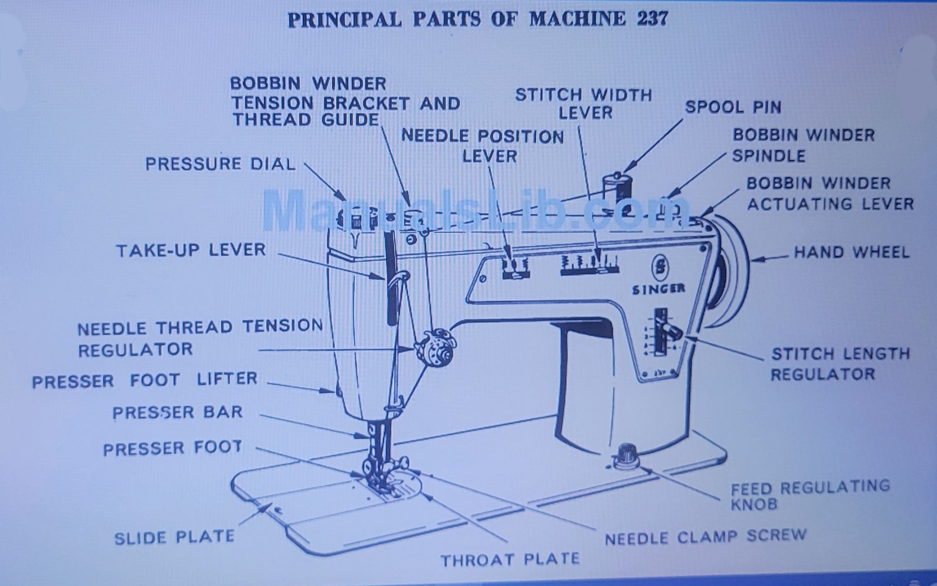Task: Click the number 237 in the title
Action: pyautogui.click(x=652, y=19)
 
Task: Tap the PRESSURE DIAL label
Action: pyautogui.click(x=220, y=164)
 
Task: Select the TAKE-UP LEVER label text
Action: pyautogui.click(x=191, y=251)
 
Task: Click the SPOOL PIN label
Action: pyautogui.click(x=733, y=107)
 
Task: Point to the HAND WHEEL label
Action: pyautogui.click(x=851, y=252)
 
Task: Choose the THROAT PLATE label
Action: pyautogui.click(x=510, y=559)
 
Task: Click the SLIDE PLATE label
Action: pyautogui.click(x=174, y=537)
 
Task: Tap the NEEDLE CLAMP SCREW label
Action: pyautogui.click(x=705, y=537)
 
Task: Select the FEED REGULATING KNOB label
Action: pyautogui.click(x=810, y=495)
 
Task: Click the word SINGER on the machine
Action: pyautogui.click(x=658, y=289)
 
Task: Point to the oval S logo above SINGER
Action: pyautogui.click(x=660, y=268)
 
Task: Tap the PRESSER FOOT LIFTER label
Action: pyautogui.click(x=145, y=380)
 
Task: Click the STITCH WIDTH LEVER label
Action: pyautogui.click(x=584, y=103)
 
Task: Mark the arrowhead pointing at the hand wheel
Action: pyautogui.click(x=756, y=258)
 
